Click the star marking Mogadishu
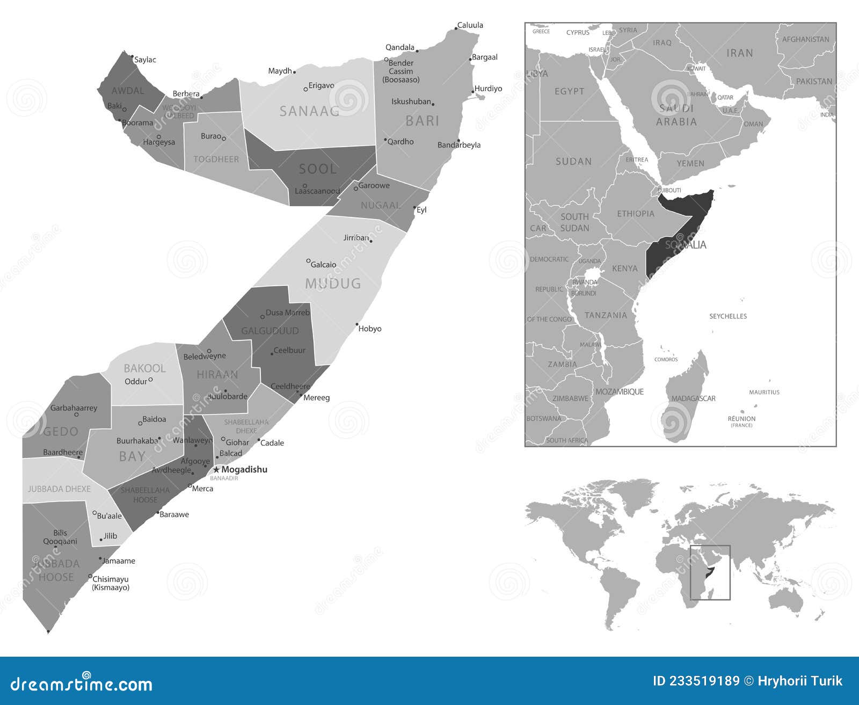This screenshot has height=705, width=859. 216,470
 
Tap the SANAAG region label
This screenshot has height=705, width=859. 309,111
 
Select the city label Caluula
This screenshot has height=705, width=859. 470,25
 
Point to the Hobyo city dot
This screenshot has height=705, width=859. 357,324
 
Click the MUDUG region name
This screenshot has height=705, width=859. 333,284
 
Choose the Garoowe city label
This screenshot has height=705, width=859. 374,185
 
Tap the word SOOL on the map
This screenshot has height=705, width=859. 318,169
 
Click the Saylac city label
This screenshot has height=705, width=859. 145,60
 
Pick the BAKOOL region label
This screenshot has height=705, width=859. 144,368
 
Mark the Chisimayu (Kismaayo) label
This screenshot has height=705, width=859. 111,583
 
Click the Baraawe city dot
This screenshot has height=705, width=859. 158,513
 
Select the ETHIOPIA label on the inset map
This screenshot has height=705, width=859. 636,214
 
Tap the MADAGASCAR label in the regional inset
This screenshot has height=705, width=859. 693,398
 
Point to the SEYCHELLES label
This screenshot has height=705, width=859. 728,316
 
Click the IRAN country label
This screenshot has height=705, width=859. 739,53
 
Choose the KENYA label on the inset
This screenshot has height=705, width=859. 625,268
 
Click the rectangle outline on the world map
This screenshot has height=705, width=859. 710,546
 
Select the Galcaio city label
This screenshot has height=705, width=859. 324,264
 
